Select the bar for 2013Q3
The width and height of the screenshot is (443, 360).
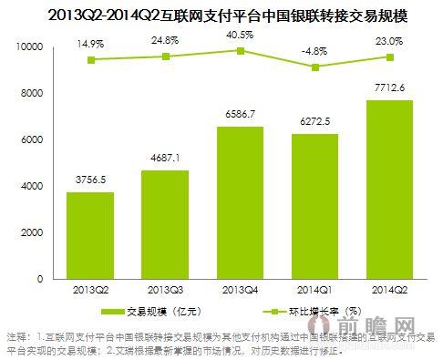point(164,224)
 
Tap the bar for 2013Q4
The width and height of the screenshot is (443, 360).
point(240,202)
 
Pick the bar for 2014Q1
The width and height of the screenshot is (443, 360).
point(315,206)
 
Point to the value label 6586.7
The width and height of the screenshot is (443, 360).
point(240,115)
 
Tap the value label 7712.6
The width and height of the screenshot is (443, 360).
point(390,88)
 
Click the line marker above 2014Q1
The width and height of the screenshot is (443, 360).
point(315,67)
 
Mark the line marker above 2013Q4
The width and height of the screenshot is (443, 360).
point(240,50)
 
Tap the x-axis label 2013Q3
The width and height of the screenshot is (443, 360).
point(164,289)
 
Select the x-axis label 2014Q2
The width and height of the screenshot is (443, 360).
point(390,289)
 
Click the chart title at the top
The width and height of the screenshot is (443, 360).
point(221,13)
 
